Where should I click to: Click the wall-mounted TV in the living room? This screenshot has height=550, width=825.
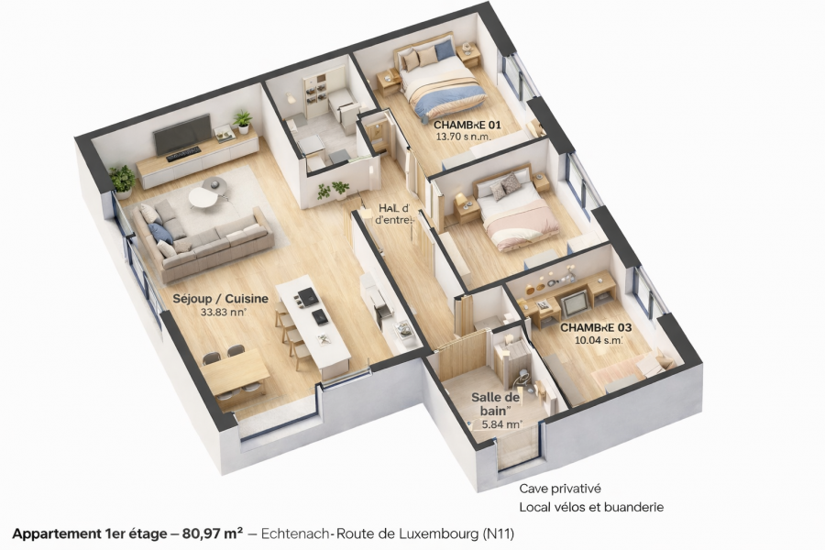(181, 137)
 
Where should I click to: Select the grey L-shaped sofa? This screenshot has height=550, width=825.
(202, 237)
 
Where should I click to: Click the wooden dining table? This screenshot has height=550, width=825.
(236, 372)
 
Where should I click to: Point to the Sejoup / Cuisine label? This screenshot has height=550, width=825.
(220, 298)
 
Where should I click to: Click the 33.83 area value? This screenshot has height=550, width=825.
(225, 312)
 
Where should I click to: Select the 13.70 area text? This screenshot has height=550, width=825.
(463, 137)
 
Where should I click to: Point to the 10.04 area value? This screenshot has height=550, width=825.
(598, 340)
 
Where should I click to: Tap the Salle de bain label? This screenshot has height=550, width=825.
(496, 404)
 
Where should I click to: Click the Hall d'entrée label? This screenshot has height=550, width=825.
(394, 214)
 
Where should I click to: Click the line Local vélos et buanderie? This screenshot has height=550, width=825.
(590, 507)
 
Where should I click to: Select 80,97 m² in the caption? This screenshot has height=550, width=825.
(213, 533)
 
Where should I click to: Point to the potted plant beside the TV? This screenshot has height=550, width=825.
(243, 120)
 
